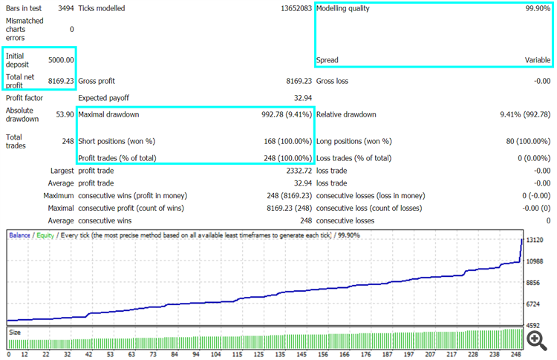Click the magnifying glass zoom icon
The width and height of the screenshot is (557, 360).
[537, 341]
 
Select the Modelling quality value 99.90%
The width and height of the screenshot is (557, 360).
[538, 8]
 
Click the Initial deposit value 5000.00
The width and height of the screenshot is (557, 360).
[61, 60]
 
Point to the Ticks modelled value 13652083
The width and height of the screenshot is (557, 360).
[296, 8]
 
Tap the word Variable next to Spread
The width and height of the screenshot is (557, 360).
[538, 60]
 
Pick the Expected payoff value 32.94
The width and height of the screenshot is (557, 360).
[303, 98]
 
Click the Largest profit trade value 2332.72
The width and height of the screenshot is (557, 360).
[299, 171]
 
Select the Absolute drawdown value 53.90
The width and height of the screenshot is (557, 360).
[65, 114]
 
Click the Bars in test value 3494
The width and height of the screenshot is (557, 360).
[66, 8]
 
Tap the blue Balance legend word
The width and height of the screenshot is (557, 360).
[19, 235]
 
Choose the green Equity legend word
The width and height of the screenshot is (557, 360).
[45, 235]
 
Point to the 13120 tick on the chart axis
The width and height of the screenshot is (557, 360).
[535, 240]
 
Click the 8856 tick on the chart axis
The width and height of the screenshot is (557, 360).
[532, 283]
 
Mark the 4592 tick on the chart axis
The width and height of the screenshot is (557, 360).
[532, 325]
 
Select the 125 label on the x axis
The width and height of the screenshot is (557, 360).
[258, 354]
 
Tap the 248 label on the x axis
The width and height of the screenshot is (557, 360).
[516, 354]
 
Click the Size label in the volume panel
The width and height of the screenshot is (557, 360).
[15, 333]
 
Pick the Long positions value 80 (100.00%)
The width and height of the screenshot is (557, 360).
[528, 141]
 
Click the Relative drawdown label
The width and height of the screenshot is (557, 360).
[346, 114]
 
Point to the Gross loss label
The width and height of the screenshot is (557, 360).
[332, 81]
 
